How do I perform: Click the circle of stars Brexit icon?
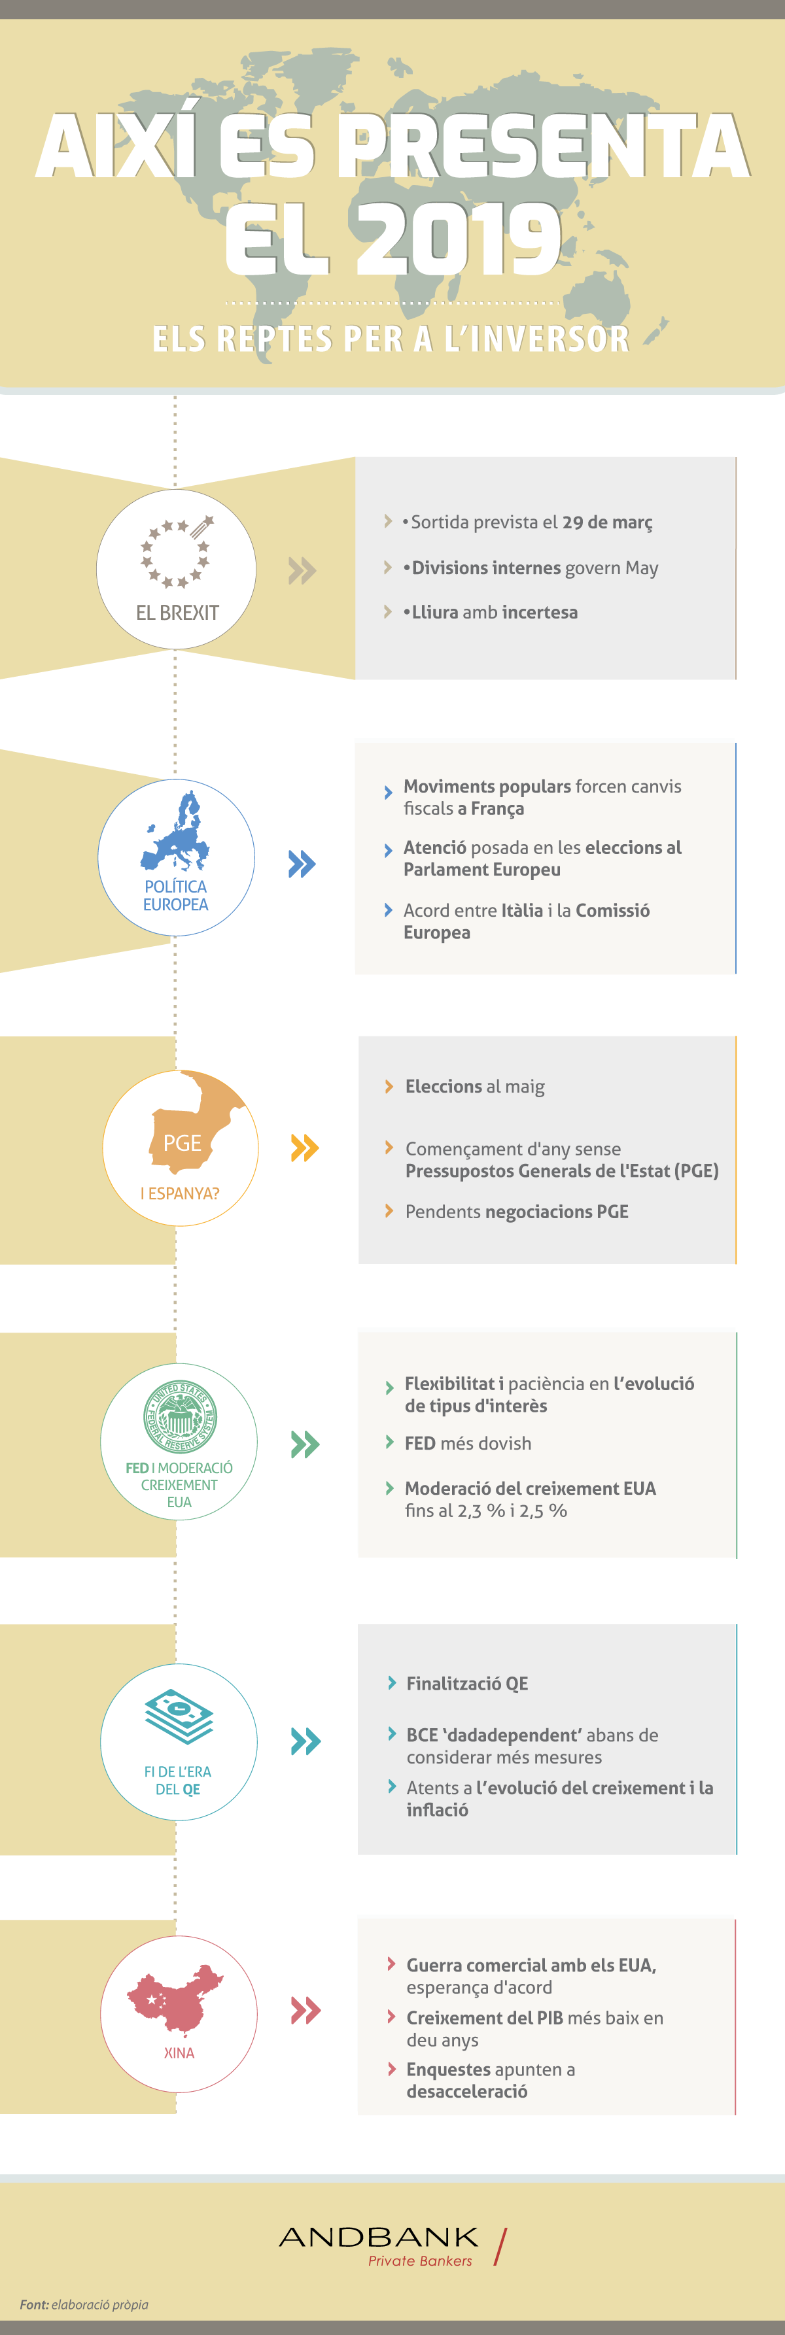click(x=177, y=551)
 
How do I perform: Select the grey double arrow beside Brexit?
click(x=302, y=570)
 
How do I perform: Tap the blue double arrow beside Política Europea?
click(x=302, y=864)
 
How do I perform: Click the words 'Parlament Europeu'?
click(x=482, y=870)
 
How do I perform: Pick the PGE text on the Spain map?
click(x=183, y=1143)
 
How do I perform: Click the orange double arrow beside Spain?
click(x=305, y=1148)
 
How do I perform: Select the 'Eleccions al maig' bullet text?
click(x=475, y=1087)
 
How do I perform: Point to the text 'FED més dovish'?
click(x=468, y=1443)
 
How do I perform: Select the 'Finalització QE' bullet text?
click(x=467, y=1683)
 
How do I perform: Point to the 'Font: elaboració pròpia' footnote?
click(x=84, y=2304)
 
